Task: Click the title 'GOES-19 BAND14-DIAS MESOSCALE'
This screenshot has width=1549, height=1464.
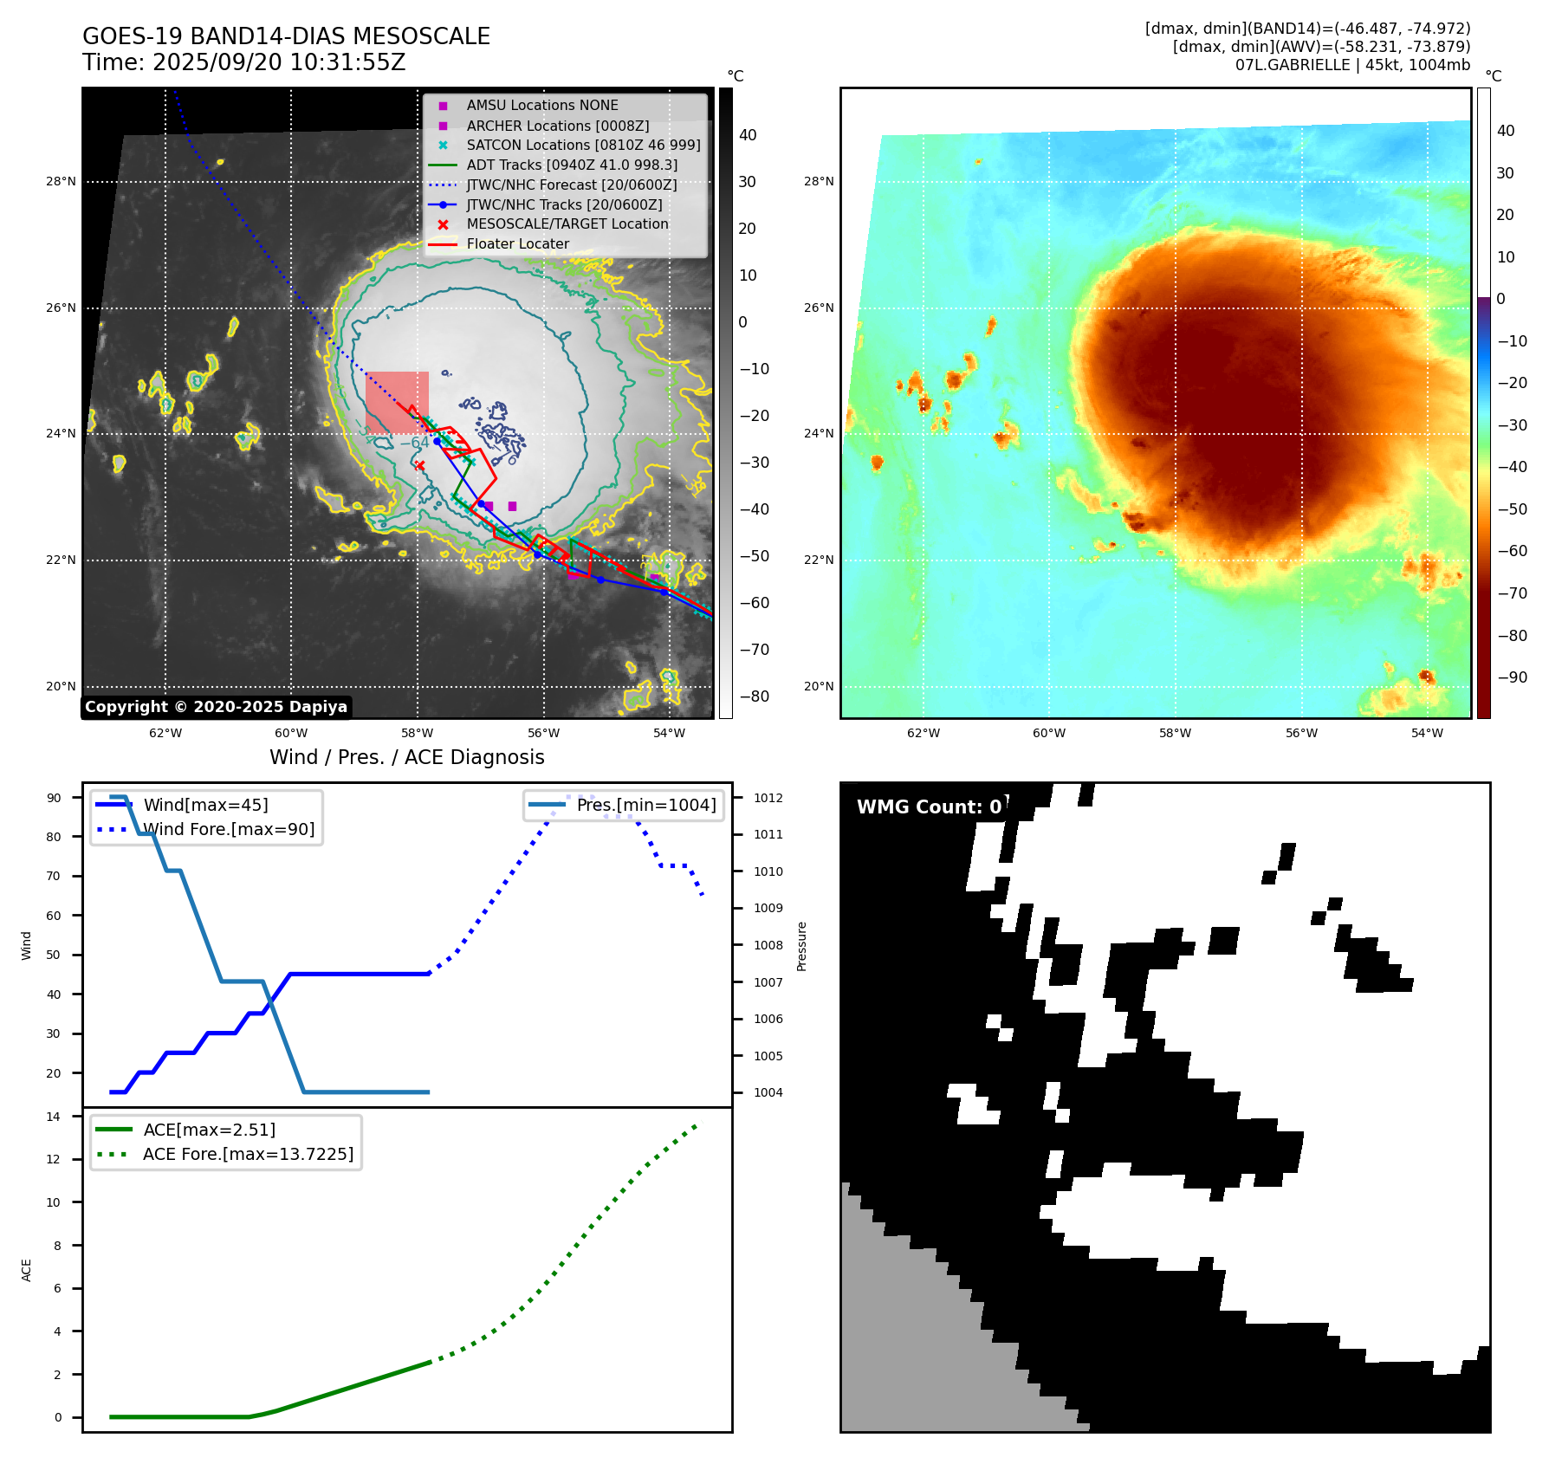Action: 286,36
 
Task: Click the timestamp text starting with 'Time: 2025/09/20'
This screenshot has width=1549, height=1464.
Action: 243,62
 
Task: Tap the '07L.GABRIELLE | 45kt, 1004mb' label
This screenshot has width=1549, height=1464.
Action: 1352,65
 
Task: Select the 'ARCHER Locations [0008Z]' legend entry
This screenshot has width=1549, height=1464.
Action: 557,126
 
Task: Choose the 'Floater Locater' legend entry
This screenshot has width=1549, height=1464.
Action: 517,244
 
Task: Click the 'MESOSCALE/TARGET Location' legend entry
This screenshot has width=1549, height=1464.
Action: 567,224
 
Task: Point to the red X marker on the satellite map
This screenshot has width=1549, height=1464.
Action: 420,465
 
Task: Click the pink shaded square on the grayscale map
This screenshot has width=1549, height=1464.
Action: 397,401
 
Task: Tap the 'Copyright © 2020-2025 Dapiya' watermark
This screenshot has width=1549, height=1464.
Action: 216,707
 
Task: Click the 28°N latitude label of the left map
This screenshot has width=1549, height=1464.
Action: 61,182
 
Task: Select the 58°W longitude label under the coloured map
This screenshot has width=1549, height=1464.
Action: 1175,733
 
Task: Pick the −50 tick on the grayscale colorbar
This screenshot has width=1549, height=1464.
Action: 754,556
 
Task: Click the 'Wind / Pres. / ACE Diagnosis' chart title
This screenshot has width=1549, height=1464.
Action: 406,757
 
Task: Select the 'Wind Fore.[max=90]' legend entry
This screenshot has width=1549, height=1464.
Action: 229,829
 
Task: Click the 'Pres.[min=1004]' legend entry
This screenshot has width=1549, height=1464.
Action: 645,805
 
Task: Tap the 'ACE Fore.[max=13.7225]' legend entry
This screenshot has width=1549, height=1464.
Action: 248,1154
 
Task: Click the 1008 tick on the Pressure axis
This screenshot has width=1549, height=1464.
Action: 768,945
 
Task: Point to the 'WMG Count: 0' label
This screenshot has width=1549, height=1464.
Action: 929,807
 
